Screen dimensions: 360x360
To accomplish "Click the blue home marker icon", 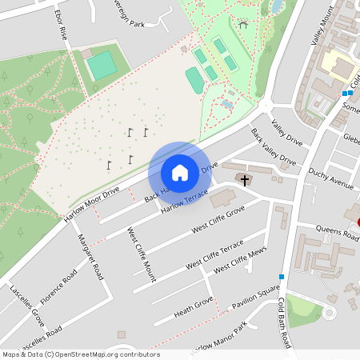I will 180,173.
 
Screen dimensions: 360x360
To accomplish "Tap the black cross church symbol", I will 244,179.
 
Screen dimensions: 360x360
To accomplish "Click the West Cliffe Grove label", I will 218,220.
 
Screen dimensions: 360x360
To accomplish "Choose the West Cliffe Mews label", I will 240,261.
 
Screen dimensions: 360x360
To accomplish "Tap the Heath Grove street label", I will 194,305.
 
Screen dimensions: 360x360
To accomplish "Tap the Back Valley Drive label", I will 273,147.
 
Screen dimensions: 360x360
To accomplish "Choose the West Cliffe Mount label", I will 142,254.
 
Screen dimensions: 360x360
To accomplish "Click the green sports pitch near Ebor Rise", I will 102,65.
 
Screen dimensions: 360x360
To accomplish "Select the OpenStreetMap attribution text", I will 81,354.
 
